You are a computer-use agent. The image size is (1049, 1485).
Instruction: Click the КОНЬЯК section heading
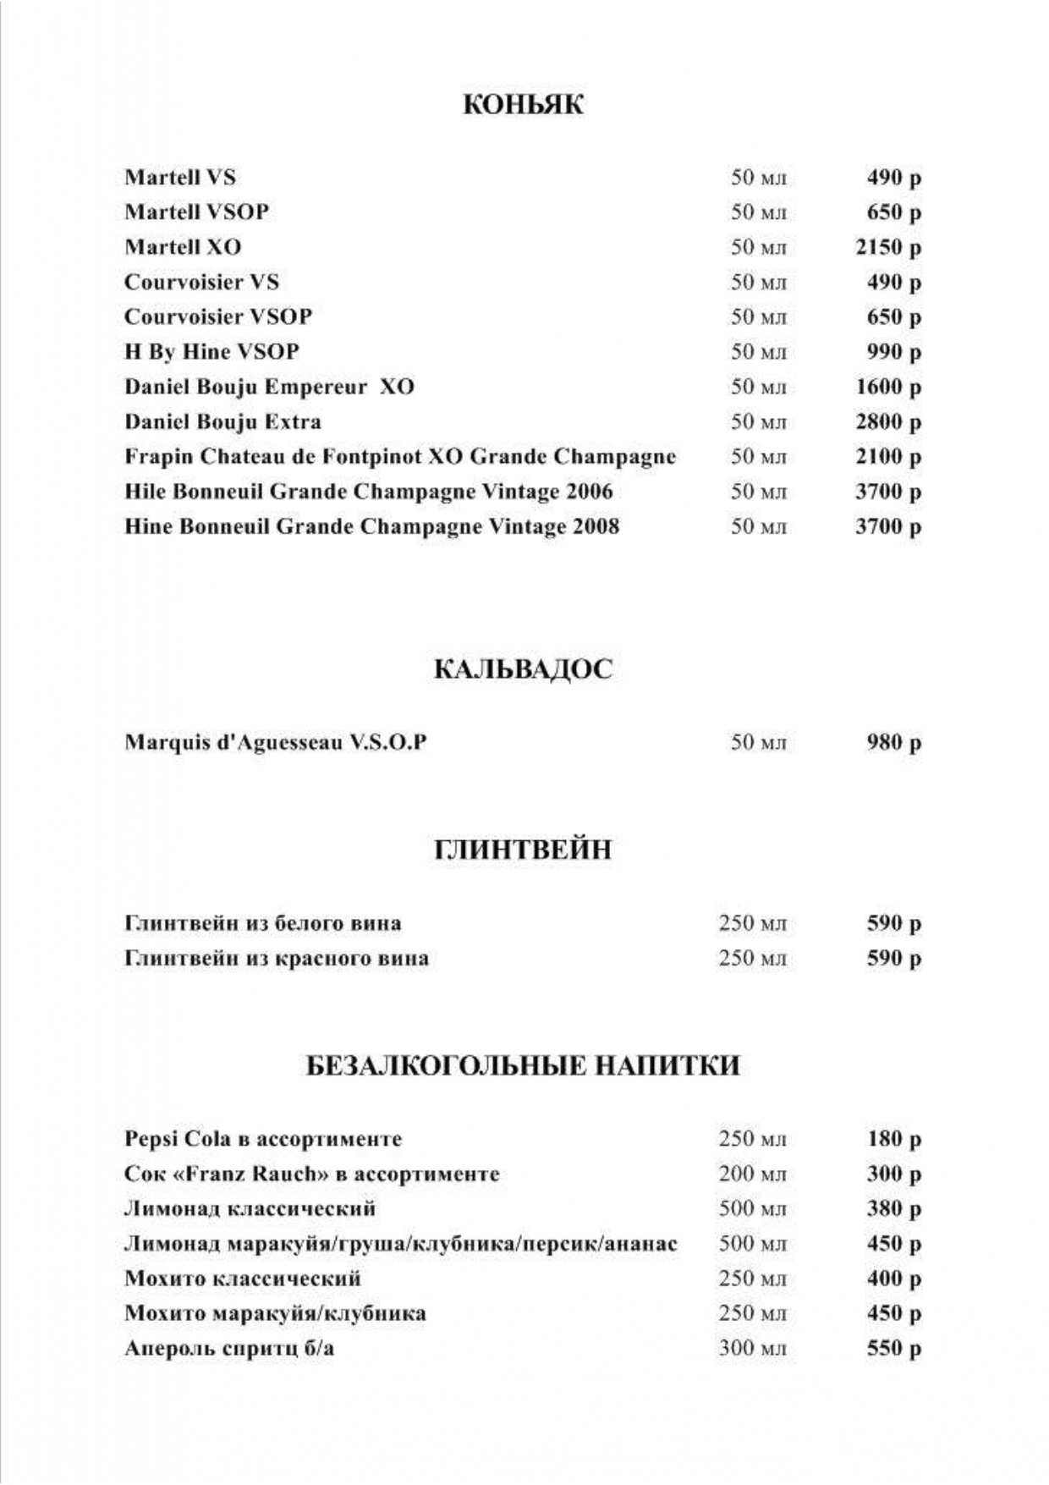[x=524, y=105]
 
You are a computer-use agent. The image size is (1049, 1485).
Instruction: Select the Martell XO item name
[x=183, y=247]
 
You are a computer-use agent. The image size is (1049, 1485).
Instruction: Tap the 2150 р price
[x=887, y=247]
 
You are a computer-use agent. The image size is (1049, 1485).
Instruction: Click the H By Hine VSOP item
[x=211, y=352]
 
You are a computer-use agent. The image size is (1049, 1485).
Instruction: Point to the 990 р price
[x=893, y=352]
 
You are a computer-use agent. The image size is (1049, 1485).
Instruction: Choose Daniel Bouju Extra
[x=222, y=421]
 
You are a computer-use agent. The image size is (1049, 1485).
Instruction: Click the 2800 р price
[x=887, y=421]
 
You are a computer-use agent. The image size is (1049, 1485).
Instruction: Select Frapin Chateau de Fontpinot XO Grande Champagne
[x=400, y=457]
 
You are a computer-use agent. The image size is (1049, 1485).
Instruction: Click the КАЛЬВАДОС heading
[x=523, y=669]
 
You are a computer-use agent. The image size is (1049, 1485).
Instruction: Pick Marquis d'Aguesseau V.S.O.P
[x=275, y=742]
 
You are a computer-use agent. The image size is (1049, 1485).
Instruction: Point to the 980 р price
[x=893, y=742]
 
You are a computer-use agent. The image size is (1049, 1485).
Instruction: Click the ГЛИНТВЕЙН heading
[x=523, y=850]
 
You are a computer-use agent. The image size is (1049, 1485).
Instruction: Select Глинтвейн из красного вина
[x=276, y=959]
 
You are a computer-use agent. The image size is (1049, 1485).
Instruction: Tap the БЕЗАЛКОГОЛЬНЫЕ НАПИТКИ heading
[x=523, y=1065]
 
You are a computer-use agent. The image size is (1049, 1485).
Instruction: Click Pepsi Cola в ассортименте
[x=263, y=1139]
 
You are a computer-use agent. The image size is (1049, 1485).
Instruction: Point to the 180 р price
[x=893, y=1139]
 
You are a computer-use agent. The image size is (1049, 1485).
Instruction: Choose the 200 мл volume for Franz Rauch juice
[x=752, y=1174]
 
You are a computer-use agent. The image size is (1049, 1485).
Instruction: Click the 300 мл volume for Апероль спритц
[x=752, y=1348]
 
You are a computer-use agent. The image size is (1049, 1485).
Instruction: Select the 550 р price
[x=893, y=1348]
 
